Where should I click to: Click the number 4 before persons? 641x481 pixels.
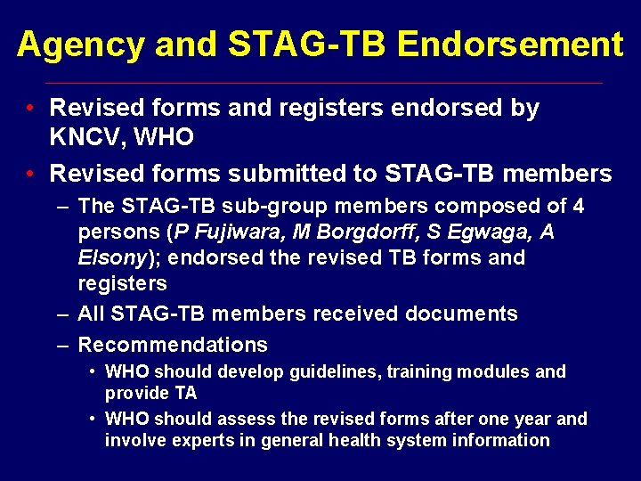coord(578,206)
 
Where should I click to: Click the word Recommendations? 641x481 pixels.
coord(173,344)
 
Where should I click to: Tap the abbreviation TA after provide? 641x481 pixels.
coord(184,393)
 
